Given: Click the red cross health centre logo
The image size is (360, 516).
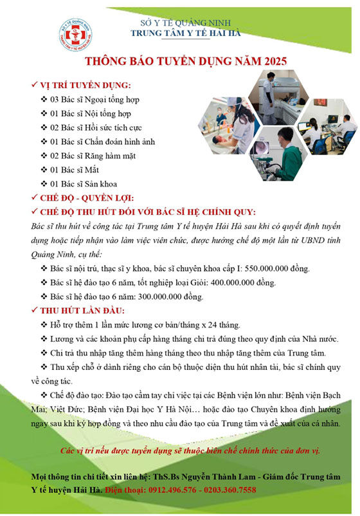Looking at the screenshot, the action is tap(75, 35).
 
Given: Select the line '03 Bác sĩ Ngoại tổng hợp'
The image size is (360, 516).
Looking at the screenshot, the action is tap(94, 99).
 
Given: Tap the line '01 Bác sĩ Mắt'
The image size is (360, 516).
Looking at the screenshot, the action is tap(75, 170).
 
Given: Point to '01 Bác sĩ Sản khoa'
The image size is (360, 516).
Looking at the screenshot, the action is tap(84, 184).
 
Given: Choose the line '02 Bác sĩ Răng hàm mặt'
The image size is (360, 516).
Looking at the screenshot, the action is tap(93, 156).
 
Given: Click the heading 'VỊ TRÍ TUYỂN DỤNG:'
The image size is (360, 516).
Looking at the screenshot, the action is tap(85, 85).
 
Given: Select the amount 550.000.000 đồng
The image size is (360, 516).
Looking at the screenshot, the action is tap(277, 268).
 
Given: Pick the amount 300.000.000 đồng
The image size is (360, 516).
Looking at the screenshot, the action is tap(170, 297).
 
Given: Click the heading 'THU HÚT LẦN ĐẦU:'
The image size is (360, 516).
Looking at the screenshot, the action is tap(82, 311).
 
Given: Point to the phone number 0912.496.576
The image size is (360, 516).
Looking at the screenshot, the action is tap(172, 490).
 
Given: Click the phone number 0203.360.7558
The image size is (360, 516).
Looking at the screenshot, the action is tap(230, 490).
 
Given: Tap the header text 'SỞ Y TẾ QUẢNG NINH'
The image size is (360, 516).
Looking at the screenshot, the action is tap(185, 23).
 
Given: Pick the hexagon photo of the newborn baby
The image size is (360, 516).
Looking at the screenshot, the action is tap(229, 125).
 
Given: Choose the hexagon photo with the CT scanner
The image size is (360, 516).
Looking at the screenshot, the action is tap(278, 97).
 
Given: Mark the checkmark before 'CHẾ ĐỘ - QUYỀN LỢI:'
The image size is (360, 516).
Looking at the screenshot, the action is tap(34, 198).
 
